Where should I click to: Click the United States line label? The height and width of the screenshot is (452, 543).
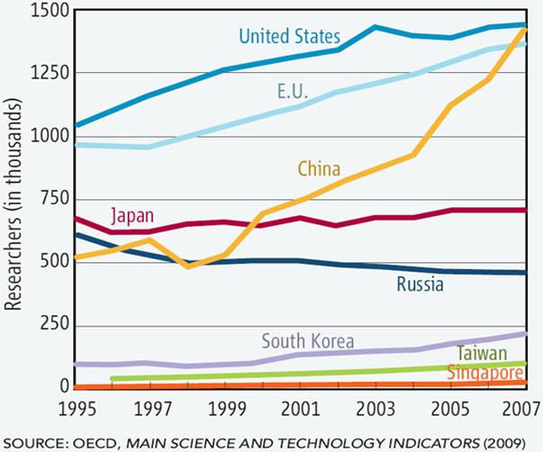click(x=289, y=37)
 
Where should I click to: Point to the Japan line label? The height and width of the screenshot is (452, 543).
click(x=132, y=217)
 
